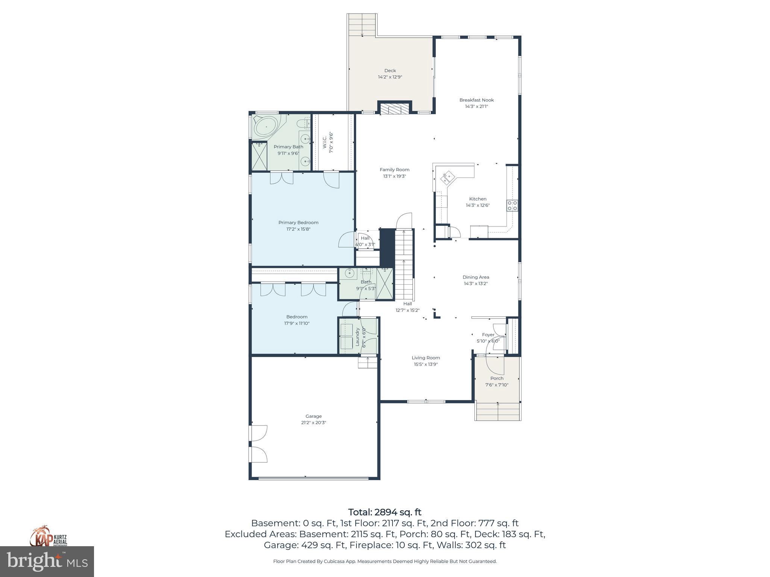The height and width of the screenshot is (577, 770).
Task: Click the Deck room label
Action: point(390,71)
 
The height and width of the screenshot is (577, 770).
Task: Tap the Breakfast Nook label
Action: point(476,100)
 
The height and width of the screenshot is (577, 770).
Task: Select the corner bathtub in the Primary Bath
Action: point(266,127)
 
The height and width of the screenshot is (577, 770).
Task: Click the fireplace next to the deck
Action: point(394,109)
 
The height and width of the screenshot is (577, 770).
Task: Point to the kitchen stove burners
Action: point(512,205)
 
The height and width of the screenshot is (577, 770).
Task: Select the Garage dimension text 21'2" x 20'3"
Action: point(313,423)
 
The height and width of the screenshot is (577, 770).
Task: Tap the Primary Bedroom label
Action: point(298,222)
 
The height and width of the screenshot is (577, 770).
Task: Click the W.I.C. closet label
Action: point(325,142)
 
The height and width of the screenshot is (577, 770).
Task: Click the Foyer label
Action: point(488,335)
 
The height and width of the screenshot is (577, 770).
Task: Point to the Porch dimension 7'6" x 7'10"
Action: point(497,385)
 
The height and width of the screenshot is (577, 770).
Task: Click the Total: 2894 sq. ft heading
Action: point(385,512)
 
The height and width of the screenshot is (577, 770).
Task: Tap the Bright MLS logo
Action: point(47,561)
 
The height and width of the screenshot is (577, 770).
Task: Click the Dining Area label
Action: point(476,277)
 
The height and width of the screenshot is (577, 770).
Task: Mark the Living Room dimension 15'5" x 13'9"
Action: point(426,364)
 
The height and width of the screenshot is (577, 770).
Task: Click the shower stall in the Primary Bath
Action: point(259,156)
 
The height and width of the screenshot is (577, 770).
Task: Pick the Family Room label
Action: point(394,170)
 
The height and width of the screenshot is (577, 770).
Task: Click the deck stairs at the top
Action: point(362,25)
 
